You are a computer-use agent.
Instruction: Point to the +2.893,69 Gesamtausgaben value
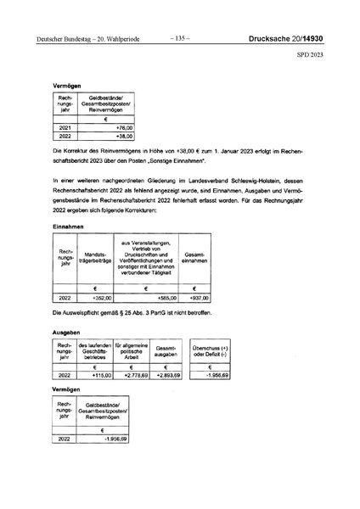[x=170, y=375]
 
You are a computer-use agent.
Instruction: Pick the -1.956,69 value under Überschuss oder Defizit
[x=217, y=375]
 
